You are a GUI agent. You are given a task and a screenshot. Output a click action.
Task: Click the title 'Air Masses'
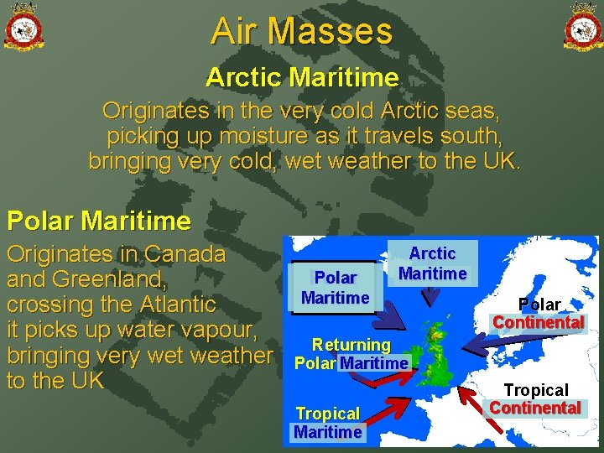tap(302, 32)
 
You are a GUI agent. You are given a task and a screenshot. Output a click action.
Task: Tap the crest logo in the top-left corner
tap(23, 27)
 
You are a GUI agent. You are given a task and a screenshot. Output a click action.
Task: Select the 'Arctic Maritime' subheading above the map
tap(302, 78)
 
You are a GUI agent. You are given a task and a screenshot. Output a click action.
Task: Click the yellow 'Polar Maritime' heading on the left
tap(99, 221)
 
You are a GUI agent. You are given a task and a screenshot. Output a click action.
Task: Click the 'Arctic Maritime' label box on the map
tap(433, 263)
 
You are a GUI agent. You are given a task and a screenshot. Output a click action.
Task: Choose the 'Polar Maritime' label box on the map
tap(335, 288)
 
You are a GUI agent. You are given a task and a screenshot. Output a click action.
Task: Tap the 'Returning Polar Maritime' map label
tap(351, 354)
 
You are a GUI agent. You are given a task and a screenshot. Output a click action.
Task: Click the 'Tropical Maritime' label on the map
tap(328, 423)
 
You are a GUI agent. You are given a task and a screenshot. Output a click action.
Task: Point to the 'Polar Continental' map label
tap(539, 313)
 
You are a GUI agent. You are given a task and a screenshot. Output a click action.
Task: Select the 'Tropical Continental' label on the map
tap(535, 398)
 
